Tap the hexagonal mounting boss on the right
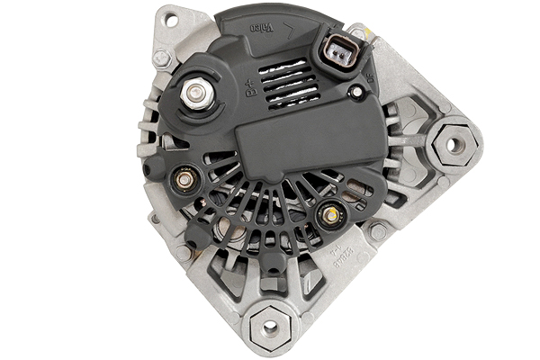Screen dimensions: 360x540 [454, 143]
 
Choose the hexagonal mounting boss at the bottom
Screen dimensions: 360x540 [268, 328]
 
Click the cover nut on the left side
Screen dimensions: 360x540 [185, 180]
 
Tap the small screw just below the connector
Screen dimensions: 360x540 [357, 92]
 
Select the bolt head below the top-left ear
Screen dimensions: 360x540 [162, 58]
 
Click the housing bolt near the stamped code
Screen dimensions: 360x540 [378, 231]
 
